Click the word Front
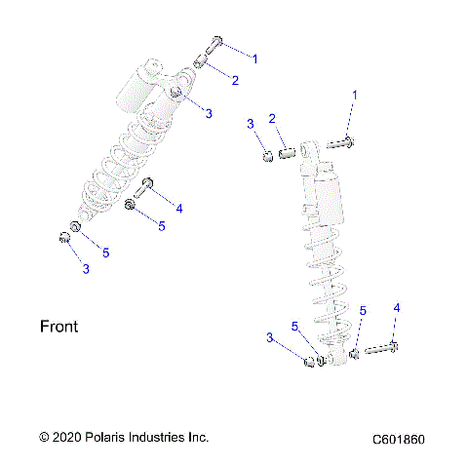(58, 327)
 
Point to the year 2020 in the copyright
(68, 437)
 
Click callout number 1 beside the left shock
(255, 59)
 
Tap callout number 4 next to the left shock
(178, 207)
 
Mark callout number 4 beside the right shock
(396, 308)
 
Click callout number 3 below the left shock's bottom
(85, 269)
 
